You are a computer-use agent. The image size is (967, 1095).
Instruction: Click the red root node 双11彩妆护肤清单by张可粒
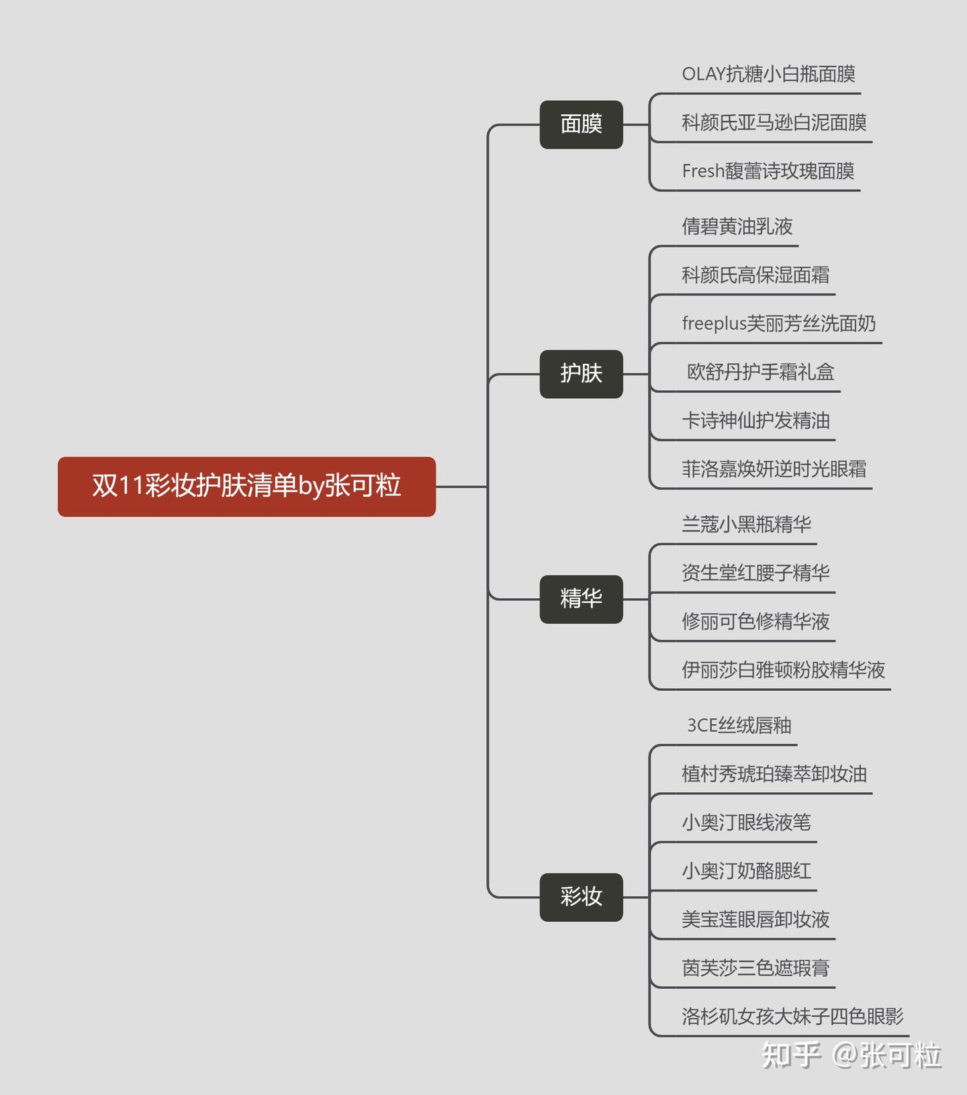click(246, 486)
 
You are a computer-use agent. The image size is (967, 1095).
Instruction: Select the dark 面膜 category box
click(581, 124)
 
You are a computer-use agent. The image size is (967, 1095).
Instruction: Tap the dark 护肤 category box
click(581, 373)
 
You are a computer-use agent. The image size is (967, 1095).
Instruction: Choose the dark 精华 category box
click(581, 598)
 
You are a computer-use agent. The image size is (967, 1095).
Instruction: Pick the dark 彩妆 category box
click(581, 896)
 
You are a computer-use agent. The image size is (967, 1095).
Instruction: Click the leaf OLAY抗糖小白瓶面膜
click(768, 74)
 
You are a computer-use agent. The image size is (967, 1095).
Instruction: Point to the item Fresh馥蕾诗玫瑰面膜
click(768, 171)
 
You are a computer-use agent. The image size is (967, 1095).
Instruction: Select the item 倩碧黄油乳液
click(737, 226)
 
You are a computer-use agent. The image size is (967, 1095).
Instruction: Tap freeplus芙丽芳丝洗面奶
click(778, 324)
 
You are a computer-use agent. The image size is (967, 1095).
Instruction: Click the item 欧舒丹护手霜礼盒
click(760, 372)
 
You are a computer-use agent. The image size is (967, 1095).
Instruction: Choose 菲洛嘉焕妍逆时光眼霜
click(774, 469)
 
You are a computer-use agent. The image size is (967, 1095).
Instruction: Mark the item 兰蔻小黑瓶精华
click(746, 524)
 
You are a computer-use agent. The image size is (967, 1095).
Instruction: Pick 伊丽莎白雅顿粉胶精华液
click(783, 669)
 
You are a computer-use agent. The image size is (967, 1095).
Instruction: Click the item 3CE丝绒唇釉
click(739, 725)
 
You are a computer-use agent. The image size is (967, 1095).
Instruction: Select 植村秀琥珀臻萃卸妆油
click(774, 773)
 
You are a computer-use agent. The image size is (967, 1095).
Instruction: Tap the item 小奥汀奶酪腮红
click(746, 871)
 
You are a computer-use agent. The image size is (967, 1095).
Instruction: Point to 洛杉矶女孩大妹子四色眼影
click(792, 1016)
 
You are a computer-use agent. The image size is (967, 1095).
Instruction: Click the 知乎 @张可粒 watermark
click(851, 1055)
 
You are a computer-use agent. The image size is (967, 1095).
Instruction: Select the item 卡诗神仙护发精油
click(755, 420)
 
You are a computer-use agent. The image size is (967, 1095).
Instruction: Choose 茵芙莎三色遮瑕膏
click(755, 967)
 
